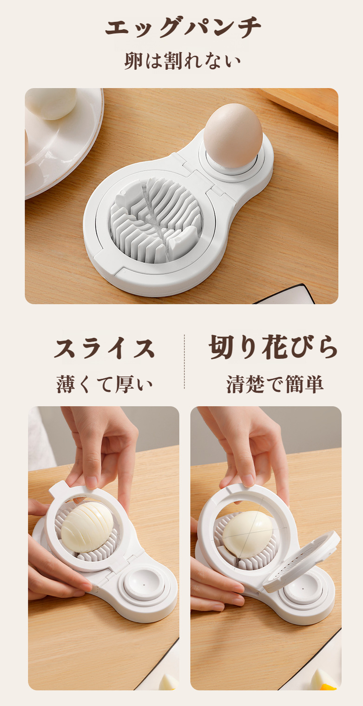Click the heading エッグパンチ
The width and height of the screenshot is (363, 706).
point(183,28)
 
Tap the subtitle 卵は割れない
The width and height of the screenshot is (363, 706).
point(183,61)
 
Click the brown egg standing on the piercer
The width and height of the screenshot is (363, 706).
point(233,135)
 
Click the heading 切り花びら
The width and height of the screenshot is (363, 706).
point(273,347)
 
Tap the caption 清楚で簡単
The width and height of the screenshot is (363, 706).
point(275,384)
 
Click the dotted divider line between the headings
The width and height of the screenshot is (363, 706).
point(185,362)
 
